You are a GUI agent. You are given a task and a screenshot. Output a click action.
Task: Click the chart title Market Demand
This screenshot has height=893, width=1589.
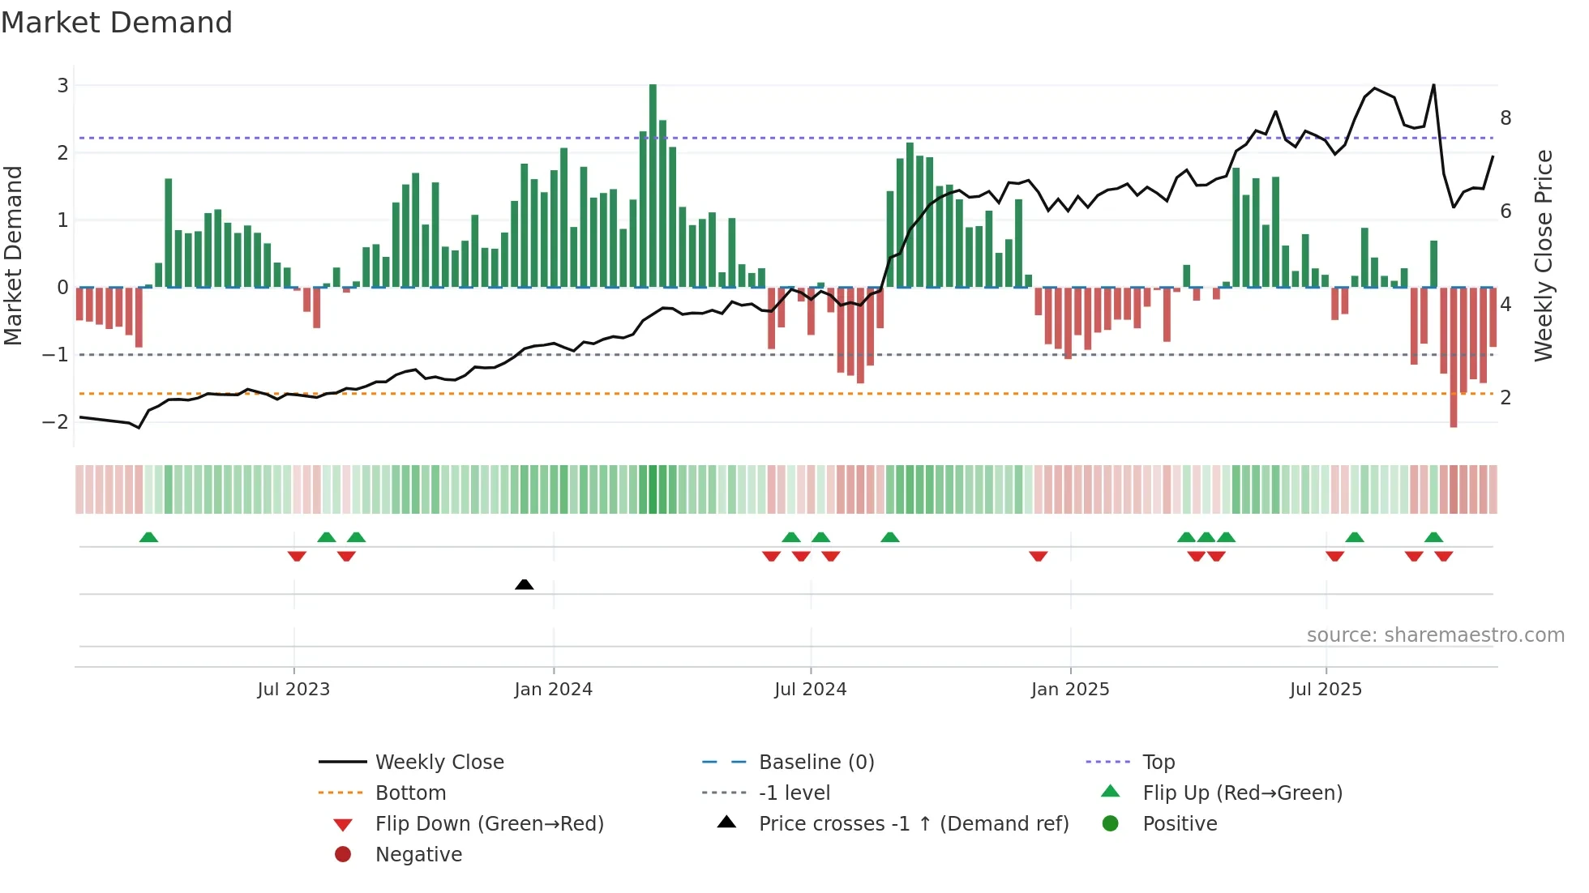click(x=117, y=23)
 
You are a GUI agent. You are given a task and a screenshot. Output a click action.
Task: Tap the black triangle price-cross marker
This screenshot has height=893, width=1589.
click(x=525, y=584)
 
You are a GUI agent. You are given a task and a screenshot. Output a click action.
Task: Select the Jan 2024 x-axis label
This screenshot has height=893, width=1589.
click(x=553, y=690)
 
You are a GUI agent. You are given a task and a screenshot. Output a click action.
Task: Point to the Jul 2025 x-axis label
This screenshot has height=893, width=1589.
click(x=1326, y=690)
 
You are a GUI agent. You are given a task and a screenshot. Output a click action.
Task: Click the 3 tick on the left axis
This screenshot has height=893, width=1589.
click(x=62, y=85)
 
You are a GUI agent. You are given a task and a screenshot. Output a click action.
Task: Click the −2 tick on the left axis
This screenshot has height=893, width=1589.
click(x=57, y=421)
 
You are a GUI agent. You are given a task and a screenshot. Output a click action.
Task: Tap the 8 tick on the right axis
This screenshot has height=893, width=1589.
click(x=1505, y=118)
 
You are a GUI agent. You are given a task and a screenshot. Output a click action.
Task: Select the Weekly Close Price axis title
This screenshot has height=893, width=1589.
click(x=1544, y=255)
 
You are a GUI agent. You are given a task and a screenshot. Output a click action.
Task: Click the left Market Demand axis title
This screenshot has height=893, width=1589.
click(x=14, y=255)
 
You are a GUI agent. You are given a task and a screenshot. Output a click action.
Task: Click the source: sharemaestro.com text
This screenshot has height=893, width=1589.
click(x=1435, y=635)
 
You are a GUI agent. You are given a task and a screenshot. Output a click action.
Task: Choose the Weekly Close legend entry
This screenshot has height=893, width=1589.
click(x=439, y=763)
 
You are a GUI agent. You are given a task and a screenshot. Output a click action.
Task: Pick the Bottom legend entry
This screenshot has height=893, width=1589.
click(x=410, y=793)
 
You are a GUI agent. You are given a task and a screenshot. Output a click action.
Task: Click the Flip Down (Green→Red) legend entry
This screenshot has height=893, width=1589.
click(x=489, y=824)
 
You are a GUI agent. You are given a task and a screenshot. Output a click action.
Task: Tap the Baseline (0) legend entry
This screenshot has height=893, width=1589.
click(x=816, y=763)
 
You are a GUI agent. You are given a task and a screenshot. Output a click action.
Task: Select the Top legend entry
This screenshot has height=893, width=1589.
click(x=1159, y=763)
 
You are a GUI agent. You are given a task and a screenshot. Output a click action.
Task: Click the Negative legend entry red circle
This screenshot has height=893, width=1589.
click(x=343, y=855)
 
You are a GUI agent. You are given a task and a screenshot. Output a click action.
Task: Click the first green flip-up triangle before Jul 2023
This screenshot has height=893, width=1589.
click(x=148, y=537)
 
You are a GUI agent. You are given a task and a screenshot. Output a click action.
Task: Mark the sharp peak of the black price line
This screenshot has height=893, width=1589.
click(x=1433, y=85)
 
